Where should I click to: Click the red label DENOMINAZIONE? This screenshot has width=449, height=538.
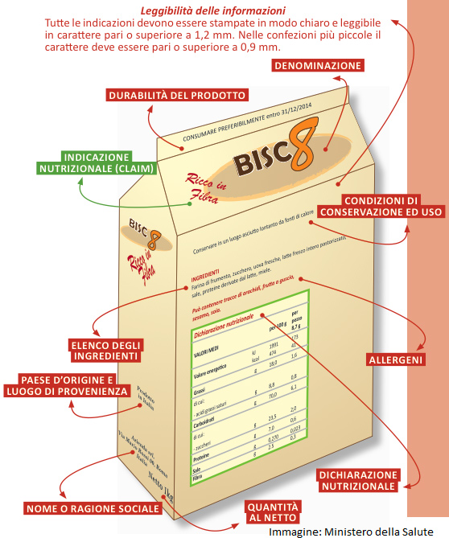318,65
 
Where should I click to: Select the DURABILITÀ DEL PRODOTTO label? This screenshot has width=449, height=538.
176,95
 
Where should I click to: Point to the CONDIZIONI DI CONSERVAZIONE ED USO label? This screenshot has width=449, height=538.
369,206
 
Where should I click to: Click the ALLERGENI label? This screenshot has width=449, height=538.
396,359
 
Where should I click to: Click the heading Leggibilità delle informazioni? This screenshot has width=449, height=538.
212,11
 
